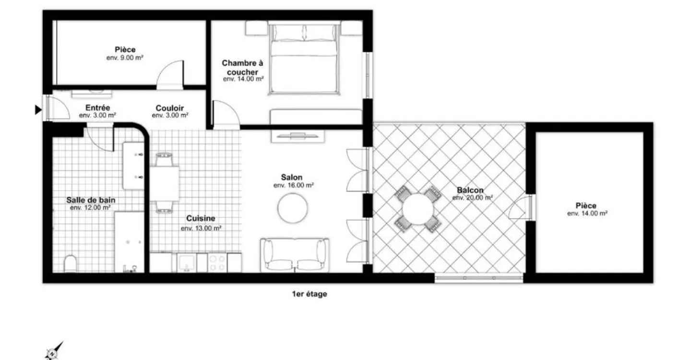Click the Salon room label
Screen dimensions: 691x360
(x=292, y=178)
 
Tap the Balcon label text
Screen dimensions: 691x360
(x=470, y=190)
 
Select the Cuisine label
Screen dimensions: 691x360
(x=201, y=218)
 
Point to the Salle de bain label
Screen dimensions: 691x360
(x=91, y=200)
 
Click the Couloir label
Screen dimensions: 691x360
(x=170, y=108)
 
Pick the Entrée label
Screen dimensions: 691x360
(x=97, y=108)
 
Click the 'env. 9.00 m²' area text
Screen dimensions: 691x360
(x=125, y=58)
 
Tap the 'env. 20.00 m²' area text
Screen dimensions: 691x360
(x=472, y=198)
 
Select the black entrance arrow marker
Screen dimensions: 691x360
(x=38, y=109)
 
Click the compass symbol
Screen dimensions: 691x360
(x=53, y=352)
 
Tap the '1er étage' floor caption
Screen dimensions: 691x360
(x=310, y=294)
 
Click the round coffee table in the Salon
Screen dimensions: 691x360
(x=292, y=208)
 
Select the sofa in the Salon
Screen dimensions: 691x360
(x=295, y=255)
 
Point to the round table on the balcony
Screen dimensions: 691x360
(x=417, y=209)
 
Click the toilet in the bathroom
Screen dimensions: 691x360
(x=71, y=264)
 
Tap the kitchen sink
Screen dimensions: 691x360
(x=186, y=263)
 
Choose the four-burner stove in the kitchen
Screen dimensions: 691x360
(x=217, y=263)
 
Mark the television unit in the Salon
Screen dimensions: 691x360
(x=298, y=136)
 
